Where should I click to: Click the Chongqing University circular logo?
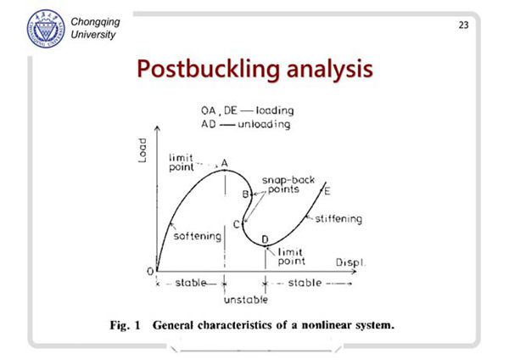pyautogui.click(x=46, y=29)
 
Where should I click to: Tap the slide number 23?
pyautogui.click(x=463, y=25)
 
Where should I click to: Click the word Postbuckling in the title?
pyautogui.click(x=208, y=70)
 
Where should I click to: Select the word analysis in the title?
pyautogui.click(x=330, y=70)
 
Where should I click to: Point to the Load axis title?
pyautogui.click(x=143, y=150)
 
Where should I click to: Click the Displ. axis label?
pyautogui.click(x=350, y=262)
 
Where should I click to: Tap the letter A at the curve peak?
pyautogui.click(x=224, y=163)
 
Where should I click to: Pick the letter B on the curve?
pyautogui.click(x=246, y=194)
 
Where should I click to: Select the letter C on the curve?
pyautogui.click(x=237, y=224)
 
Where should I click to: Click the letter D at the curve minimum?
pyautogui.click(x=266, y=239)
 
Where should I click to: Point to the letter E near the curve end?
pyautogui.click(x=327, y=191)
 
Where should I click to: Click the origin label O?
pyautogui.click(x=150, y=272)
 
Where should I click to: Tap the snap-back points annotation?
pyautogui.click(x=288, y=184)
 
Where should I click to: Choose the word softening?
pyautogui.click(x=198, y=236)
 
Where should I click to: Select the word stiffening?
pyautogui.click(x=338, y=219)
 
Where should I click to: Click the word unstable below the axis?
pyautogui.click(x=246, y=300)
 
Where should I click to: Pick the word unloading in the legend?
pyautogui.click(x=264, y=125)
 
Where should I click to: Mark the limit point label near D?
pyautogui.click(x=291, y=256)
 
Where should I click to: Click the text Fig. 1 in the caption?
pyautogui.click(x=125, y=325)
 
